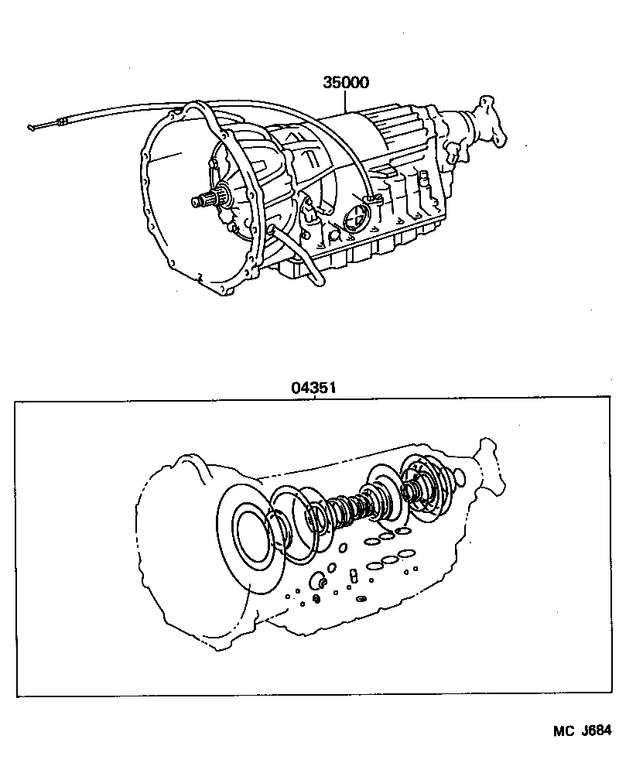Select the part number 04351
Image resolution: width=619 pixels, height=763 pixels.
click(313, 388)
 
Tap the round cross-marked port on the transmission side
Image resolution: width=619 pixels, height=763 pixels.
click(353, 217)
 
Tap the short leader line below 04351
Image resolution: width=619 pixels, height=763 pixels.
click(313, 398)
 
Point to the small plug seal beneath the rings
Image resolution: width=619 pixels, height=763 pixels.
click(316, 582)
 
